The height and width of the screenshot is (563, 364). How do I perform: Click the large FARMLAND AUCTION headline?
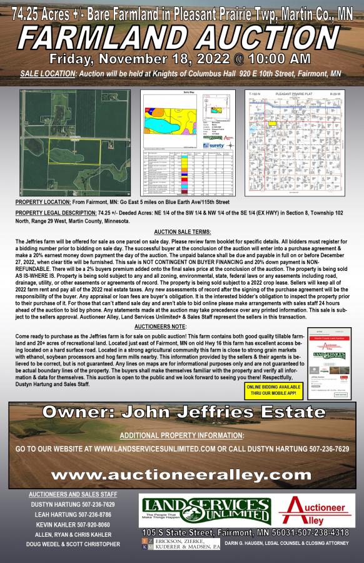pyautogui.click(x=182, y=38)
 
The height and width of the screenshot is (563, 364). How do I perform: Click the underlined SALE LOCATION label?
pyautogui.click(x=46, y=74)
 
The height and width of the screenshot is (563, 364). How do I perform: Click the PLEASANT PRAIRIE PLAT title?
pyautogui.click(x=291, y=93)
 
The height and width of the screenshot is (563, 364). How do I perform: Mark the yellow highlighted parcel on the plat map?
pyautogui.click(x=273, y=124)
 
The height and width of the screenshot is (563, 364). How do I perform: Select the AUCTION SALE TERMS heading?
pyautogui.click(x=181, y=231)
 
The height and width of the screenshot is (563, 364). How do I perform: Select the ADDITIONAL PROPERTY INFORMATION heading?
pyautogui.click(x=181, y=435)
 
